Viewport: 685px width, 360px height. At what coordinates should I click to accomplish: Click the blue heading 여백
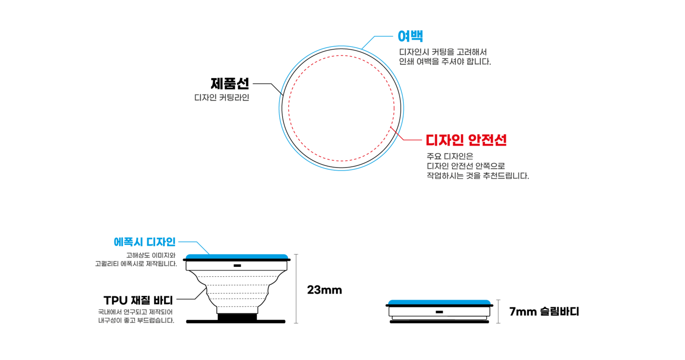[x=411, y=36]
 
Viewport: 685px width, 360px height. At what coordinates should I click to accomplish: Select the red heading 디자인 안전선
[x=466, y=140]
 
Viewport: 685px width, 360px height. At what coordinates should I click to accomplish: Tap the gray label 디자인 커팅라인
[x=222, y=98]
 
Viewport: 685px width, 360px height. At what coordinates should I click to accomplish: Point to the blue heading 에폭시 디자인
[x=144, y=242]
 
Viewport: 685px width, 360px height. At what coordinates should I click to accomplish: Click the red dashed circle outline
[x=289, y=108]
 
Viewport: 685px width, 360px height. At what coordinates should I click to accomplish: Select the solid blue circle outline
[x=279, y=108]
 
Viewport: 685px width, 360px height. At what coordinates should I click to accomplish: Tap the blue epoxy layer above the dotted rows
[x=237, y=256]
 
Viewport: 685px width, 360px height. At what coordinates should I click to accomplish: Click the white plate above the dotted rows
[x=210, y=266]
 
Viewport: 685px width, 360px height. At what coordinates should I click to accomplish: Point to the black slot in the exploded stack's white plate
[x=237, y=266]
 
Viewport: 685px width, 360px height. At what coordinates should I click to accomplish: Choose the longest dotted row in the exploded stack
[x=237, y=276]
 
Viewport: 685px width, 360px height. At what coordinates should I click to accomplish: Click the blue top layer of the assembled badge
[x=439, y=302]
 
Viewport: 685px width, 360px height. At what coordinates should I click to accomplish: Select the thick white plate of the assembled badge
[x=411, y=312]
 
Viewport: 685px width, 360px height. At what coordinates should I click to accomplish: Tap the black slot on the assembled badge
[x=439, y=312]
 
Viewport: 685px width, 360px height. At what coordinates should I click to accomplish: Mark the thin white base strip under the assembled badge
[x=439, y=318]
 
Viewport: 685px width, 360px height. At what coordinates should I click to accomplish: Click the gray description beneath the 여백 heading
[x=444, y=57]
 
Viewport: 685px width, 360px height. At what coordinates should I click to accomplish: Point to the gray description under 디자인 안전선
[x=477, y=166]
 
